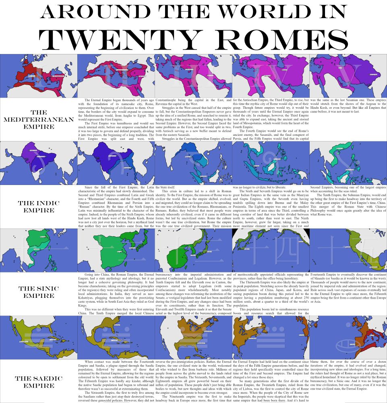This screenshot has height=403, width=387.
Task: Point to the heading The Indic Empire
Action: pyautogui.click(x=39, y=207)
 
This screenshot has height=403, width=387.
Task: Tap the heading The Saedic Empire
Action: pyautogui.click(x=39, y=382)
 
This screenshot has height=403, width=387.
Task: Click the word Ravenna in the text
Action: pyautogui.click(x=164, y=104)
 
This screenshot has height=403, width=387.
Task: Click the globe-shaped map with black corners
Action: pyautogui.click(x=271, y=250)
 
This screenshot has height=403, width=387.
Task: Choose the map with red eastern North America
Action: pyautogui.click(x=348, y=338)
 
